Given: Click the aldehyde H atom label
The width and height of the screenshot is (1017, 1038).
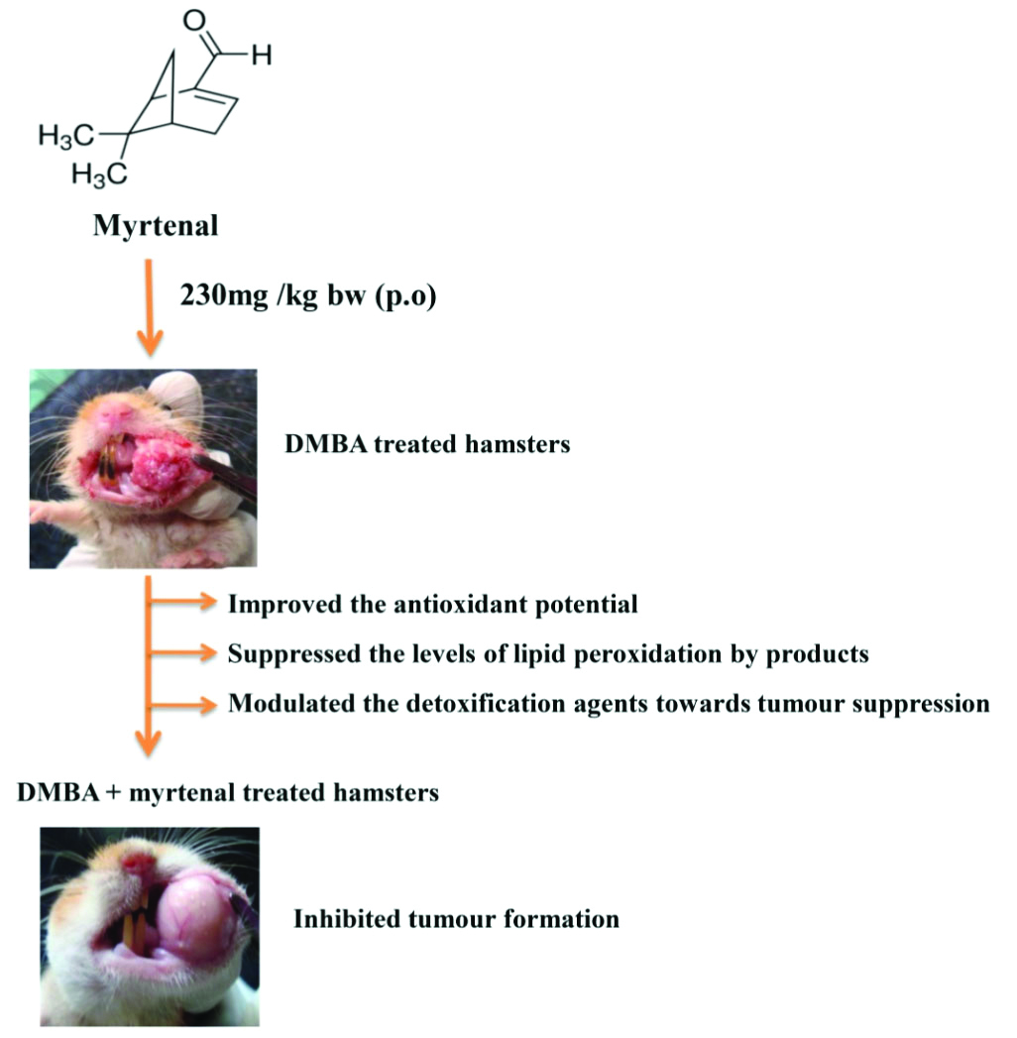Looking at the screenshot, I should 260,57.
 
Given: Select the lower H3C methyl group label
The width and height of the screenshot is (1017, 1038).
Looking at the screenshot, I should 99,175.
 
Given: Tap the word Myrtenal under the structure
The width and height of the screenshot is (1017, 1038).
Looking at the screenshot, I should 156,227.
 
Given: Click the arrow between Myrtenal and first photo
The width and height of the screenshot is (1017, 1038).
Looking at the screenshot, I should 149,307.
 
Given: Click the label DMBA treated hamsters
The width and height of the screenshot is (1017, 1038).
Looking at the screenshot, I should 427,445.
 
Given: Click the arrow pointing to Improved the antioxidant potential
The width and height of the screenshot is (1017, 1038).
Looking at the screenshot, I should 182,603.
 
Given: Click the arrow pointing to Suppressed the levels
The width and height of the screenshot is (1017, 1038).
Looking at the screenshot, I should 182,653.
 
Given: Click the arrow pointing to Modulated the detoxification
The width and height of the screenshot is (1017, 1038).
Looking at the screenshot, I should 182,705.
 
